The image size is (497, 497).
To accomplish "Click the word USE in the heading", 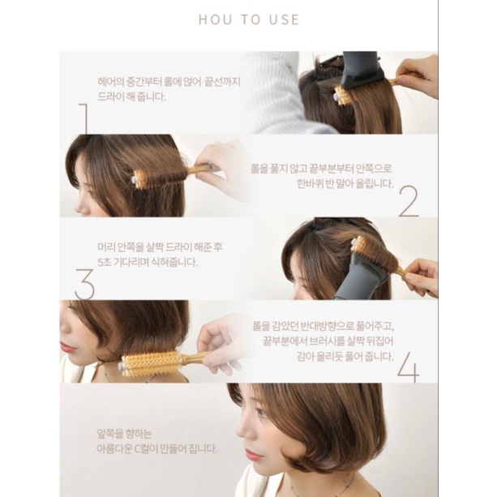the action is pos(284,19).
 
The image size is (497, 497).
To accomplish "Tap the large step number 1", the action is pos(83,118).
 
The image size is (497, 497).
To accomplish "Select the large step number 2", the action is pos(409,202).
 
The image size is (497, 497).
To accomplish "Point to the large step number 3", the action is pos(84,284).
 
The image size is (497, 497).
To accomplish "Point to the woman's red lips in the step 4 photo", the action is pos(66,347).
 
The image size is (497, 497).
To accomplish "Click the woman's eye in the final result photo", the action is pos(260,413).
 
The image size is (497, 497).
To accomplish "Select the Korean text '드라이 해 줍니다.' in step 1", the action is pos(132,96).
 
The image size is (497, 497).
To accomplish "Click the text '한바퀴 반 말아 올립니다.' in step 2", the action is pos(345,183).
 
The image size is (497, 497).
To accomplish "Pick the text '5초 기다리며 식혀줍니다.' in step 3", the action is pos(148,262).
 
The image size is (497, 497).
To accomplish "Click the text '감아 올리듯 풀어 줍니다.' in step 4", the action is pos(345,357).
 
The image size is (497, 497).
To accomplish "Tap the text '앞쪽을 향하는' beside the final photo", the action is pos(125,434).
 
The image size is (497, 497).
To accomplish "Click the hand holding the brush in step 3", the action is pos(422,275).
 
